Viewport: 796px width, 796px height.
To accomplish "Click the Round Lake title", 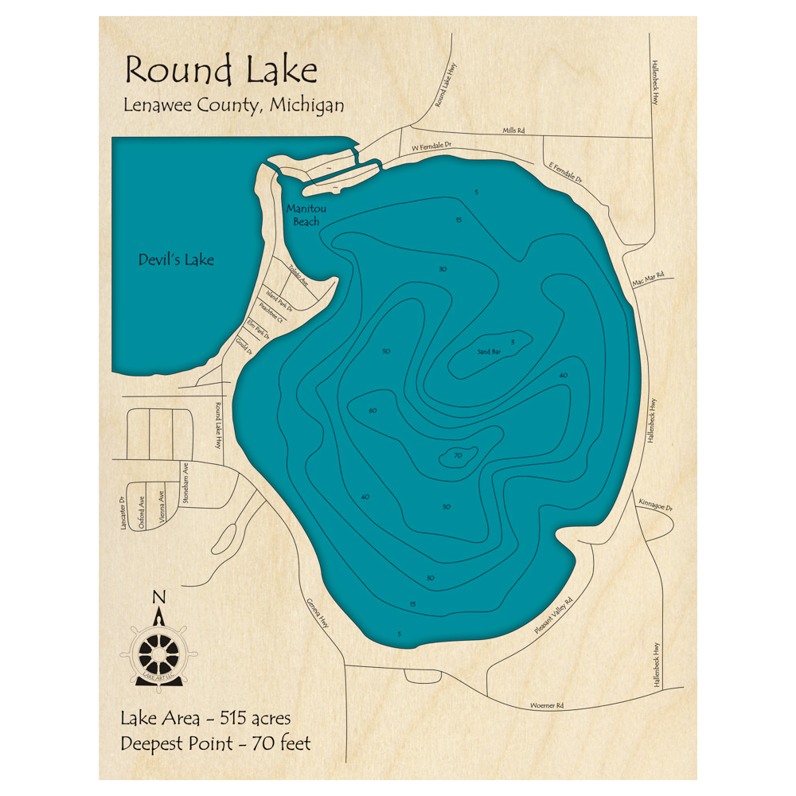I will (220, 71).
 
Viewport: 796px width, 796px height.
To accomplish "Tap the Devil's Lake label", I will (176, 259).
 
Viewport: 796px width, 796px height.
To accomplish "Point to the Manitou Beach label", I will (306, 216).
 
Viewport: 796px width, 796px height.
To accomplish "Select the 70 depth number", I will (458, 456).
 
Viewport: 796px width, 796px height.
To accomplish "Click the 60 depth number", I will (373, 411).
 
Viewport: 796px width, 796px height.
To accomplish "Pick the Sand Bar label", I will (489, 351).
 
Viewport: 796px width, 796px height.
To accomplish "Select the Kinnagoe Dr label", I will (656, 506).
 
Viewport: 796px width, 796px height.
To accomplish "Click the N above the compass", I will (159, 598).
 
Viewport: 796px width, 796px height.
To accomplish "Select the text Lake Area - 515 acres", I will (205, 719).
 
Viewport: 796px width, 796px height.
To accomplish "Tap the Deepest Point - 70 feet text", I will (216, 744).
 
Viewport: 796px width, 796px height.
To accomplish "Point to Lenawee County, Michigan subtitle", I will (233, 105).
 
